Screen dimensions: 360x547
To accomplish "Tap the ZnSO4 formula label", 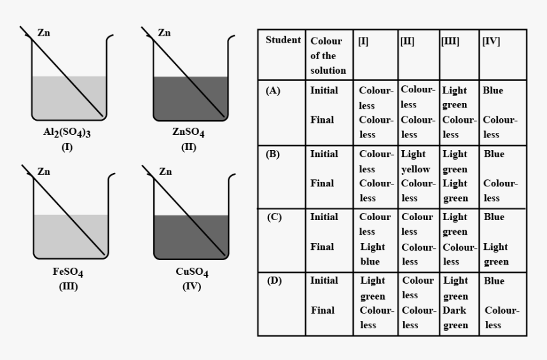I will pyautogui.click(x=188, y=134).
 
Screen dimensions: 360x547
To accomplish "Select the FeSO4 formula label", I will pyautogui.click(x=68, y=273).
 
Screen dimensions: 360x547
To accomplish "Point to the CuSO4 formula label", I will pyautogui.click(x=191, y=273).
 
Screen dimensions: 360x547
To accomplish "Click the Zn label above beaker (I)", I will pyautogui.click(x=44, y=33).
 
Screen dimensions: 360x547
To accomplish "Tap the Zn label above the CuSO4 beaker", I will pyautogui.click(x=165, y=172).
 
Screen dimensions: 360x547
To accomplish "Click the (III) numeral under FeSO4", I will pyautogui.click(x=67, y=286).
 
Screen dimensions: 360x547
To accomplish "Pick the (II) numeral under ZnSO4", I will pyautogui.click(x=188, y=146).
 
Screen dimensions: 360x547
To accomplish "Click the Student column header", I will pyautogui.click(x=282, y=40).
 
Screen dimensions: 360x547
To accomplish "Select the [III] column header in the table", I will pyautogui.click(x=450, y=41).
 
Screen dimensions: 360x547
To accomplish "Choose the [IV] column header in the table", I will pyautogui.click(x=491, y=41).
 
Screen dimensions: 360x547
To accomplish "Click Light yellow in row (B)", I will pyautogui.click(x=416, y=162).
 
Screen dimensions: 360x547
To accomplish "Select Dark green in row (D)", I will pyautogui.click(x=455, y=318).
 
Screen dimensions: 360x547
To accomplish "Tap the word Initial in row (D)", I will pyautogui.click(x=324, y=280).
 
